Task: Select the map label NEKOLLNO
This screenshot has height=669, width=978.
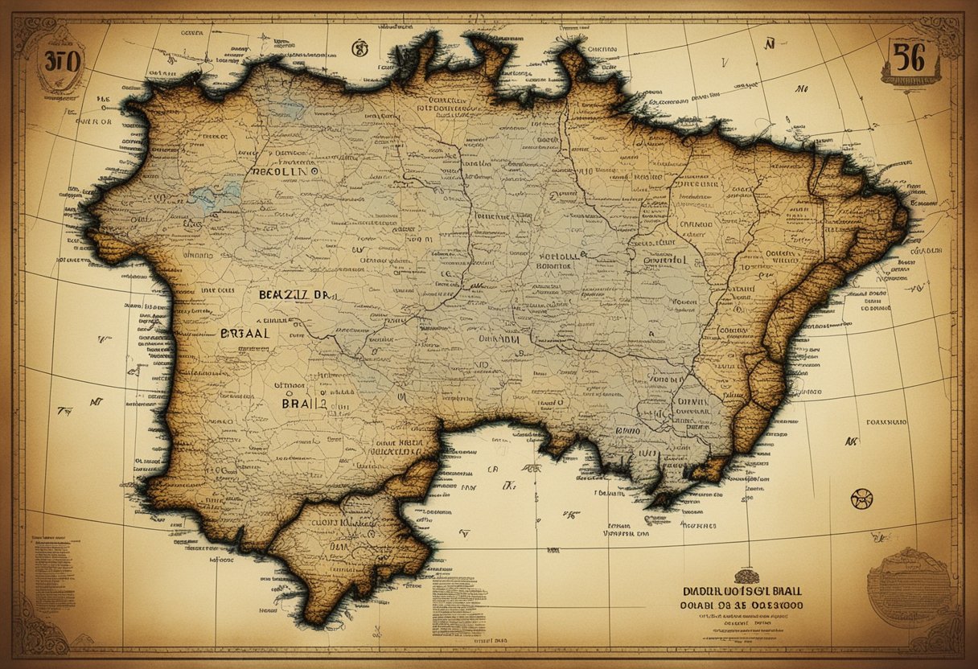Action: (285, 172)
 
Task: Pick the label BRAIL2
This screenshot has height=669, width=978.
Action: (304, 404)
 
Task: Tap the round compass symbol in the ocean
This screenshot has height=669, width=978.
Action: (861, 499)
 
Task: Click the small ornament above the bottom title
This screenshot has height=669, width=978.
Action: (745, 575)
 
